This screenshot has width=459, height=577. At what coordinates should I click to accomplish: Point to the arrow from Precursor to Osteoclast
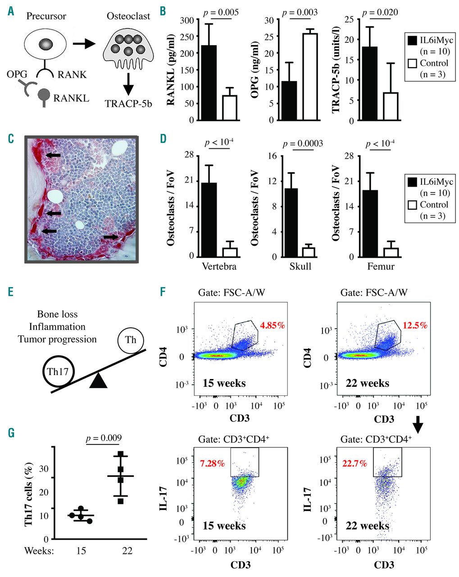(84, 44)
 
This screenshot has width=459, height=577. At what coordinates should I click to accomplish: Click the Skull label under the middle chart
(301, 266)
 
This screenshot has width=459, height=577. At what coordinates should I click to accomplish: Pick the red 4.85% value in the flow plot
(273, 325)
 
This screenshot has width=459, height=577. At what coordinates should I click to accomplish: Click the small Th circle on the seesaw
(131, 340)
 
